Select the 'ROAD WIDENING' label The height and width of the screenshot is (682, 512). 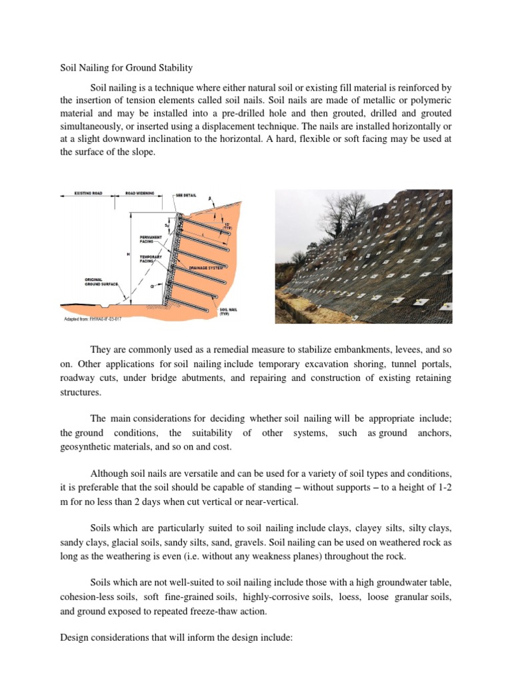(x=141, y=193)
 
